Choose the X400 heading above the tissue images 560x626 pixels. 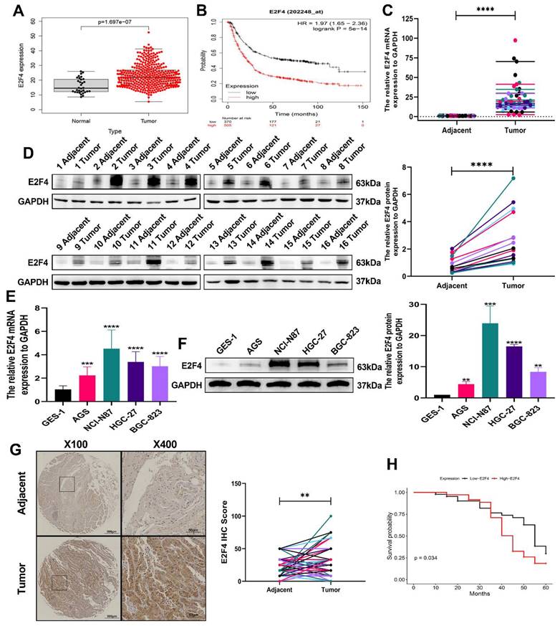pos(164,440)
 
